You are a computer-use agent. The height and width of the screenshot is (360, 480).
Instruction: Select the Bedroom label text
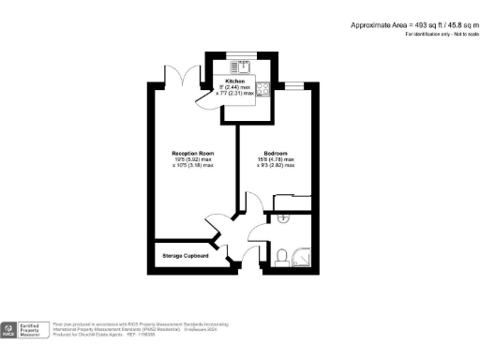[x=275, y=153]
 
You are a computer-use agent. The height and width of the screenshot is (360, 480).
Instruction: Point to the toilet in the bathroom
[x=283, y=255]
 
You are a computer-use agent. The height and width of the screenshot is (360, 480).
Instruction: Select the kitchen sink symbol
[x=244, y=66]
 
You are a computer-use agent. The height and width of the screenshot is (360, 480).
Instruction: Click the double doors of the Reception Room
[x=193, y=75]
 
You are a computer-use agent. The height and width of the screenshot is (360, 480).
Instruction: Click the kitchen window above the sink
[x=244, y=56]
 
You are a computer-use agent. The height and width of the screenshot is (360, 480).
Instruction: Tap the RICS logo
[x=9, y=330]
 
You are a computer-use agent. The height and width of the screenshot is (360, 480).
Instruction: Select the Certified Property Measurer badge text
[x=33, y=330]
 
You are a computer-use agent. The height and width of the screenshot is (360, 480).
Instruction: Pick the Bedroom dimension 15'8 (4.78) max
[x=275, y=159]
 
